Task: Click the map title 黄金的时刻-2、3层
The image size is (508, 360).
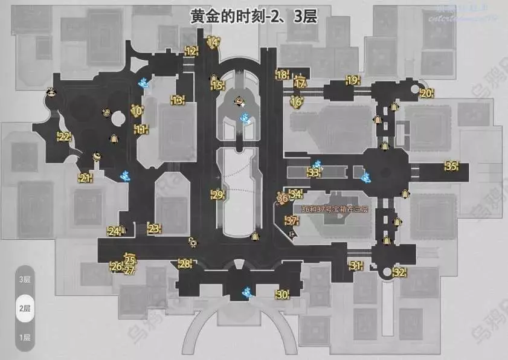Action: tap(254, 13)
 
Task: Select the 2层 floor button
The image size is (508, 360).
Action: tap(25, 308)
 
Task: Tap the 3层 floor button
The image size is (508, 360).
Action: tap(25, 280)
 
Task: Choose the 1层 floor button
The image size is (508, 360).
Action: tap(25, 337)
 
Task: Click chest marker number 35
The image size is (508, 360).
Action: tap(451, 166)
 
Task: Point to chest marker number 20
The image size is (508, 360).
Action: tap(426, 93)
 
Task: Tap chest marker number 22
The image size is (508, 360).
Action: tap(63, 137)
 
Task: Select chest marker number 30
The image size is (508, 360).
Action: tap(281, 295)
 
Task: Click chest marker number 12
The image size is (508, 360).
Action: tap(191, 51)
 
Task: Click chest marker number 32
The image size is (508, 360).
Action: tap(399, 272)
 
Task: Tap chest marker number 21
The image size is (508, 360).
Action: tap(85, 178)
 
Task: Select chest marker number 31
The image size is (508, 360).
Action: tap(355, 266)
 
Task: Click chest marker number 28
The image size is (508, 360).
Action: tap(185, 263)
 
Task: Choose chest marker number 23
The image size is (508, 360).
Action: tap(154, 228)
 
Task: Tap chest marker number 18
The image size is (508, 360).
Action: tap(281, 76)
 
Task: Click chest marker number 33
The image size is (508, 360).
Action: tap(313, 172)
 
